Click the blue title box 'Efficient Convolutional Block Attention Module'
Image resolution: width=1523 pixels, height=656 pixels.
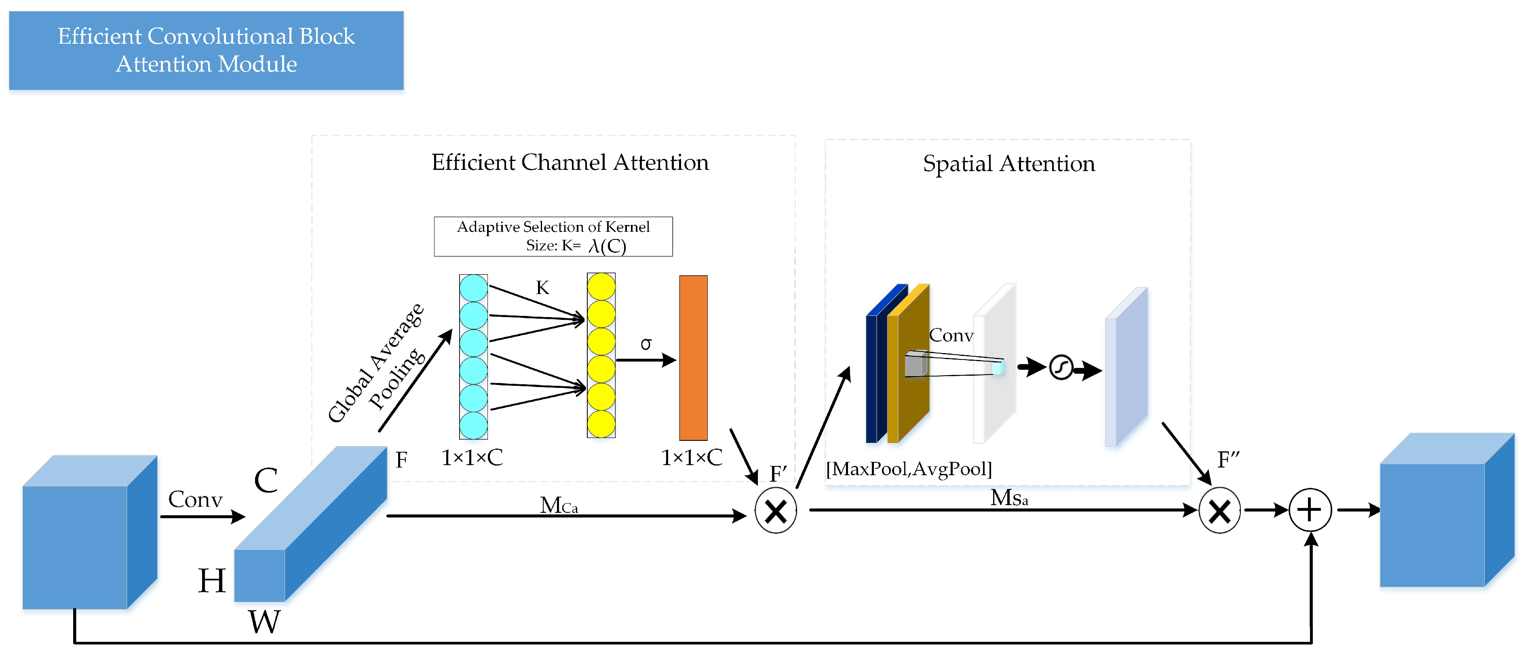[206, 50]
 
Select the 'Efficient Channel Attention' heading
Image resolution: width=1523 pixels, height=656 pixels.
[570, 162]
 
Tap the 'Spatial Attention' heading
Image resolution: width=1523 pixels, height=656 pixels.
[1008, 163]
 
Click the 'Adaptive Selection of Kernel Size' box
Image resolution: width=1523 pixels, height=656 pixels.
[553, 236]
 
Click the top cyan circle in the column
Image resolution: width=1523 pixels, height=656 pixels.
[474, 288]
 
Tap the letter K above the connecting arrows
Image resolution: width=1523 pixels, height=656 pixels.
[542, 288]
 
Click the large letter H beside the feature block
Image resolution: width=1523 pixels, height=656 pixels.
[212, 580]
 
